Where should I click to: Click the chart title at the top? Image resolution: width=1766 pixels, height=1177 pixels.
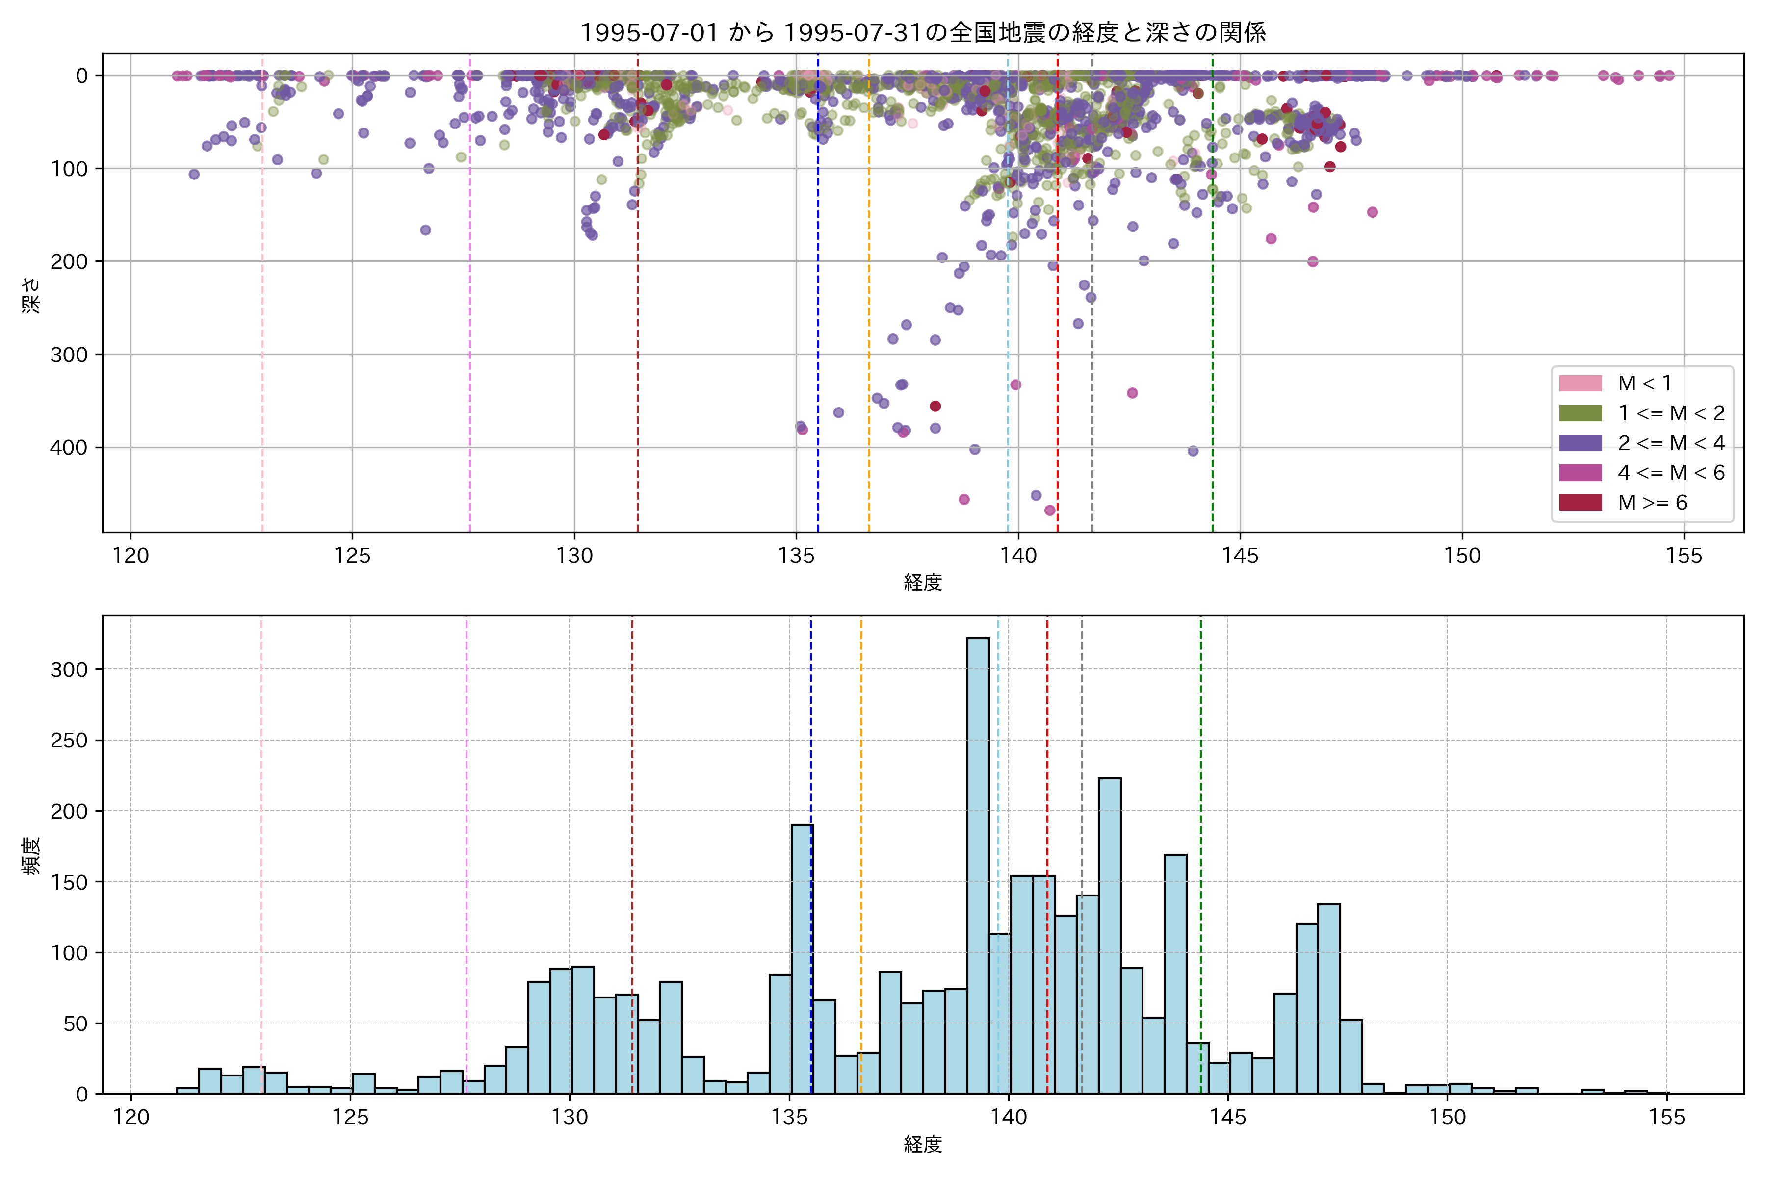click(923, 32)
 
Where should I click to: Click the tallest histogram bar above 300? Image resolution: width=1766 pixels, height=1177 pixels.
click(978, 863)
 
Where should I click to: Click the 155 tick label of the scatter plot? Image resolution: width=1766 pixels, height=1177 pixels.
click(1684, 556)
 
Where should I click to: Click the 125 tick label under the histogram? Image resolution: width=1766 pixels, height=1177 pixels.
click(350, 1118)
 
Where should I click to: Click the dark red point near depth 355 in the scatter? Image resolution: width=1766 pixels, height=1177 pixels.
click(935, 406)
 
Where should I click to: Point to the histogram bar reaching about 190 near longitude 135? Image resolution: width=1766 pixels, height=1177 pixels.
click(802, 961)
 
